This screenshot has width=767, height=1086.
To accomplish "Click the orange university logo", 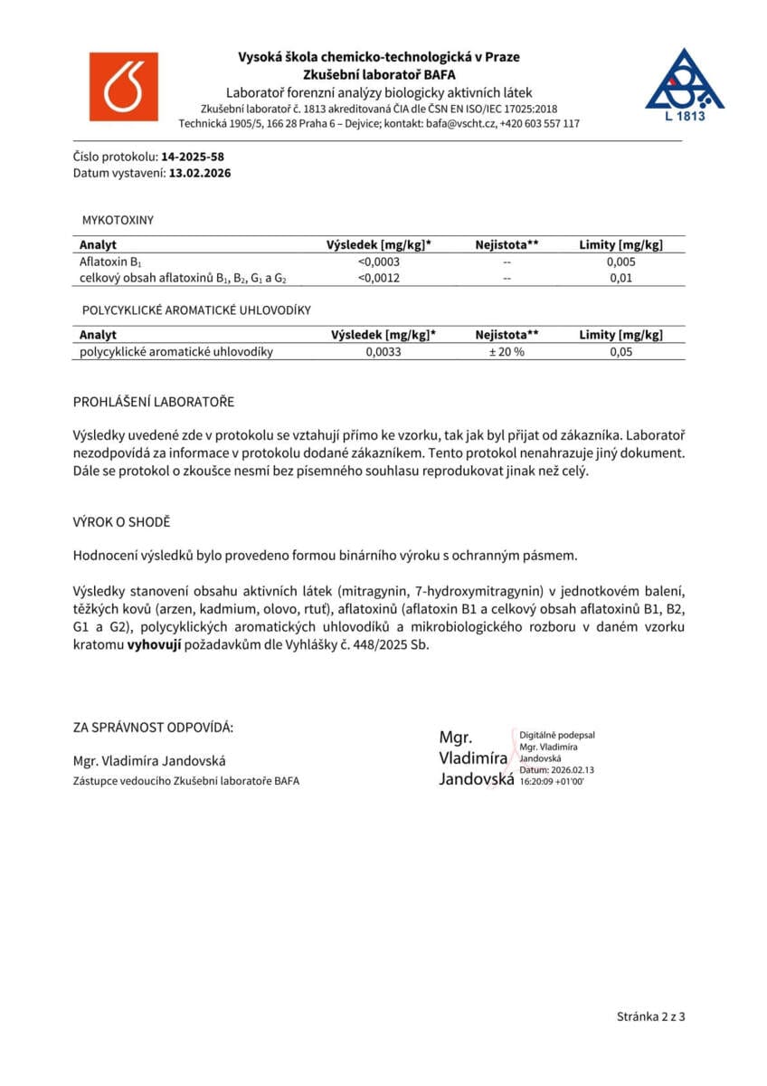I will tap(123, 87).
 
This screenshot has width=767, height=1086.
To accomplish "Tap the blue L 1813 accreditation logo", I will tap(684, 84).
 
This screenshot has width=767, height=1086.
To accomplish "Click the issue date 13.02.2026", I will tap(200, 173).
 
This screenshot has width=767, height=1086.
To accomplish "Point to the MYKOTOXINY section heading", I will tap(118, 220).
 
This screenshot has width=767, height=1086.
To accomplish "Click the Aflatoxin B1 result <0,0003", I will tap(380, 262).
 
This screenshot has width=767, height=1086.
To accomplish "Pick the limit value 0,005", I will tap(620, 262).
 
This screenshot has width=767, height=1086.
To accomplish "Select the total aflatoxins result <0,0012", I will tap(380, 278).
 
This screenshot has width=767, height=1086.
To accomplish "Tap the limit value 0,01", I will tap(620, 278).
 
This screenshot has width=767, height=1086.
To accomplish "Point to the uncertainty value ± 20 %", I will tap(507, 352).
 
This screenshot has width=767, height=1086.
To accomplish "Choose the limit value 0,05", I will tap(620, 352).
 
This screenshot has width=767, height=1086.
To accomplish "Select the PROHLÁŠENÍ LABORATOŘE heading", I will tap(153, 402).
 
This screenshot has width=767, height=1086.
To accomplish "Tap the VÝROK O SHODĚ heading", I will tap(121, 523).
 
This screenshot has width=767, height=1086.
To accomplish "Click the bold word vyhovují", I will tap(158, 645).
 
